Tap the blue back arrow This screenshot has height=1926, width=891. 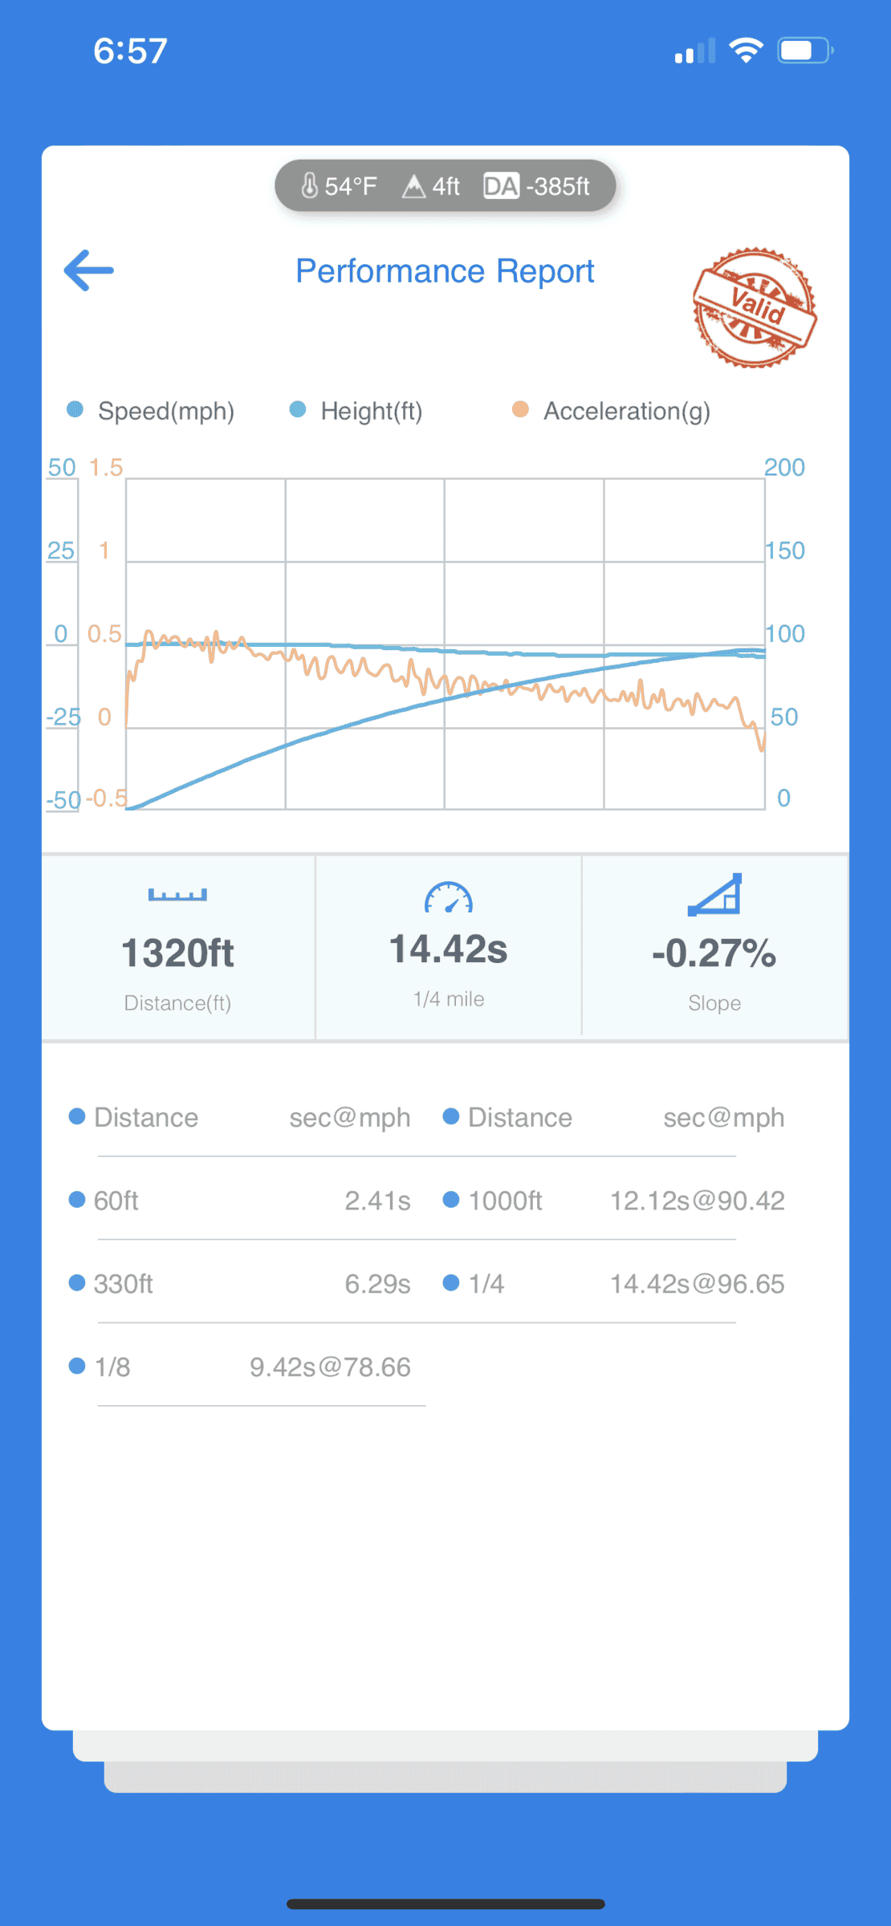pos(89,270)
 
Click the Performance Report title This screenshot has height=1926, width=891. pos(445,271)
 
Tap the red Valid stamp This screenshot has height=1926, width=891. pos(755,307)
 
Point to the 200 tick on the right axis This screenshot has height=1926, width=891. pos(784,467)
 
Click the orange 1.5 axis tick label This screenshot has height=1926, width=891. pos(106,467)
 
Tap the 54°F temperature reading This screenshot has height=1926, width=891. pos(340,186)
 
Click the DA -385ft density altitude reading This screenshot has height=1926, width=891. pos(537,186)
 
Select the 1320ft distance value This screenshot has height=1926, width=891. pos(177,953)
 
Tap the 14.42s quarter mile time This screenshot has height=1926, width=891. pos(448,949)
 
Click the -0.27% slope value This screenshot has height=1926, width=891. pos(714,953)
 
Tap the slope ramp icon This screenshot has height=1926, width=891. pos(714,895)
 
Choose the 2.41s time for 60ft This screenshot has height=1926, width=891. pos(377,1201)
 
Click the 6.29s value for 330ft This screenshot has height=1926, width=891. pos(377,1284)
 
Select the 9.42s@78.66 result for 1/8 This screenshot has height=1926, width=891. pos(330,1367)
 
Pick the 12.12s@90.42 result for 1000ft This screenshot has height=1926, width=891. pos(697,1201)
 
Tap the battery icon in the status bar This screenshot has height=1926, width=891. pos(804,51)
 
